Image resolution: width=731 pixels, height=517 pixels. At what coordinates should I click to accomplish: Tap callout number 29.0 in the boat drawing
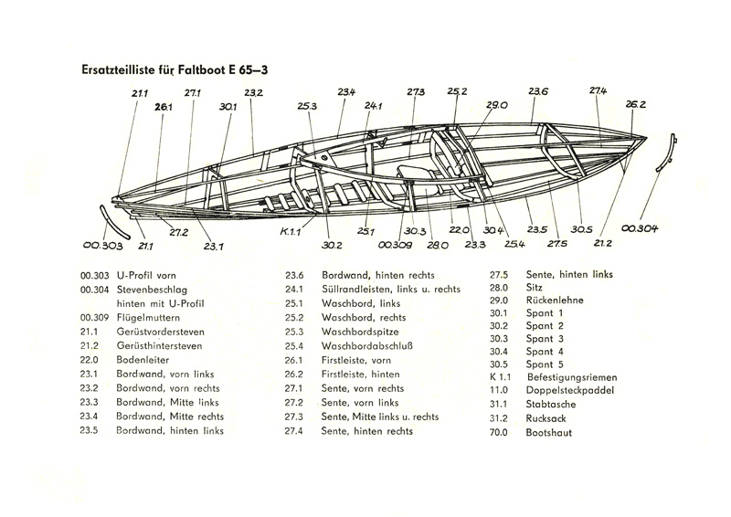(497, 106)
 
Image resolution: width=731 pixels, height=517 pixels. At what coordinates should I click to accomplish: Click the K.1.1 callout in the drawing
(292, 231)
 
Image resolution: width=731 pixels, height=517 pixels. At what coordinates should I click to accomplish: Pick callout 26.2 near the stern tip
(636, 104)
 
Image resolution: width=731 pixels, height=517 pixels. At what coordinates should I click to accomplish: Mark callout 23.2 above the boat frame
(254, 92)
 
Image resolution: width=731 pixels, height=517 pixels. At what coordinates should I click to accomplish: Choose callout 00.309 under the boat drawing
(394, 245)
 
